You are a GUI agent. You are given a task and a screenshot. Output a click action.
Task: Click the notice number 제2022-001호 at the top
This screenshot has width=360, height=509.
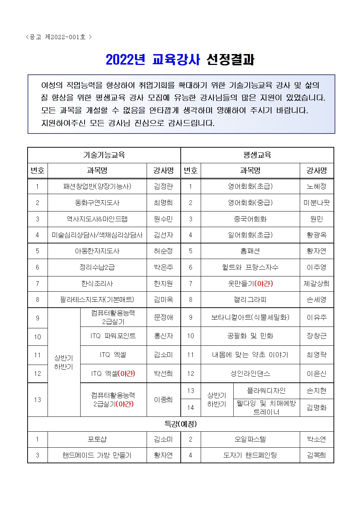[x=65, y=37]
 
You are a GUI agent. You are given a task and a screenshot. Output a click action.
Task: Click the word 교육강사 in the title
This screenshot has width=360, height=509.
[x=176, y=60]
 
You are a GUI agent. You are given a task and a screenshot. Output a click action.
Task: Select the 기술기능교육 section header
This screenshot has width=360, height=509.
[x=104, y=155]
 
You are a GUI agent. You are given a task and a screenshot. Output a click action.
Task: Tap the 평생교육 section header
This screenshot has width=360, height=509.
[x=257, y=155]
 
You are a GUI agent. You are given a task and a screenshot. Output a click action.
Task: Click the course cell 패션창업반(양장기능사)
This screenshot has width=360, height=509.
[x=97, y=186]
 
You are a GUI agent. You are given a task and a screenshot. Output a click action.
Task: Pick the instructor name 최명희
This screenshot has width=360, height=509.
[x=163, y=203]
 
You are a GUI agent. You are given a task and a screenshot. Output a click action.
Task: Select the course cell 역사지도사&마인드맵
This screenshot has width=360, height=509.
[x=97, y=219]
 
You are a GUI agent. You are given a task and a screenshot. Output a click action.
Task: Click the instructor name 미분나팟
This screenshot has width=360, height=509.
[x=316, y=203]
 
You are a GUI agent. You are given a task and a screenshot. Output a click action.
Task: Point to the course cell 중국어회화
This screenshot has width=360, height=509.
[x=250, y=219]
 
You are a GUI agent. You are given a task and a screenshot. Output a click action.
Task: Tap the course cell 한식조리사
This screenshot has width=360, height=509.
[x=97, y=284]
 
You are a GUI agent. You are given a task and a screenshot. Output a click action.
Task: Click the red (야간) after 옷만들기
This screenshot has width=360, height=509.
[x=264, y=284]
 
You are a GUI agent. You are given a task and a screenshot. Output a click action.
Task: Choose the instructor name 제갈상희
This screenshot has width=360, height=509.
[x=316, y=284]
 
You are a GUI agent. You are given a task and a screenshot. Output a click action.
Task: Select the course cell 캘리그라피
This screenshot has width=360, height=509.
[x=250, y=300]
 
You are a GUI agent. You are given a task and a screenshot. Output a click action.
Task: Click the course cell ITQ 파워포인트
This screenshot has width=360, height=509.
[x=113, y=336]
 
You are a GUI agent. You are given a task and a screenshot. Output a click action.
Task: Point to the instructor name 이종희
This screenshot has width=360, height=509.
[x=163, y=400]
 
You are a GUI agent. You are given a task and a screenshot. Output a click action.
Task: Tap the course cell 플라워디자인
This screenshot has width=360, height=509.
[x=266, y=391]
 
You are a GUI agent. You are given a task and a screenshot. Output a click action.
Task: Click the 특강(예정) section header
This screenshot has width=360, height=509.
[x=180, y=424]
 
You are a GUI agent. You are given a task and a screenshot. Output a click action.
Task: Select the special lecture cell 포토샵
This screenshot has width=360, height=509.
[x=97, y=439]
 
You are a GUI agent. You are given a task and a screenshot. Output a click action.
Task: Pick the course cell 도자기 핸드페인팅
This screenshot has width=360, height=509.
[x=250, y=455]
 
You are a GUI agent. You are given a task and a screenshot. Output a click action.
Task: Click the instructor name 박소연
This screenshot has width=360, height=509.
[x=316, y=439]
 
